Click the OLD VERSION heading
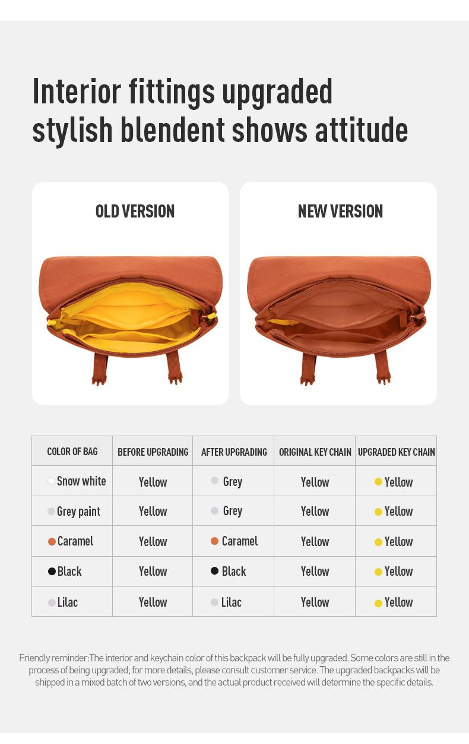[x=135, y=211]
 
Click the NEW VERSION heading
[x=340, y=211]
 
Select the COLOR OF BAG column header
[x=72, y=452]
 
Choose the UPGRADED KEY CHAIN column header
[x=397, y=452]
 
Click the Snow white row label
[x=81, y=481]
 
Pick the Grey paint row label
[x=78, y=512]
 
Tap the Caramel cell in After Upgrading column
[x=240, y=541]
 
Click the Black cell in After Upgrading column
[x=234, y=571]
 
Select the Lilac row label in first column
[x=67, y=602]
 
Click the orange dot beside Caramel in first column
[x=52, y=541]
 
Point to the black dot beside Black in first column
[x=52, y=571]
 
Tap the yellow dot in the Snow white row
[x=378, y=481]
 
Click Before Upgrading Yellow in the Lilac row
[x=153, y=602]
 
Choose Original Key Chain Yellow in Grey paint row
[x=315, y=512]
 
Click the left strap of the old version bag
[x=100, y=368]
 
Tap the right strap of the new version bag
[x=382, y=368]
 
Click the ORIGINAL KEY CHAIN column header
[x=315, y=452]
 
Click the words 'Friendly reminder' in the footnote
[x=53, y=658]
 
